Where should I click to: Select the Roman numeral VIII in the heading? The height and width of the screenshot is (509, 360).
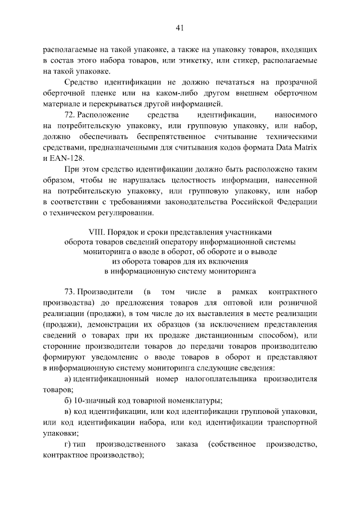(97, 232)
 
